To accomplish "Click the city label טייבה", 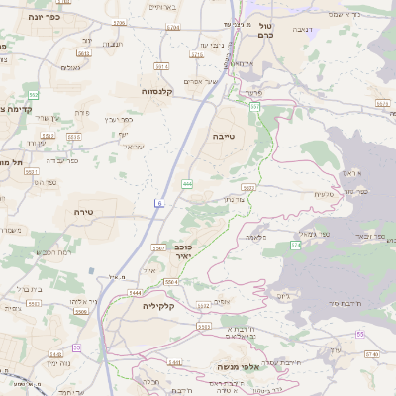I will coord(226,141).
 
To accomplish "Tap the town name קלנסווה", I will coord(157,92).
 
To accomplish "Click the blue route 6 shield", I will coord(159,203).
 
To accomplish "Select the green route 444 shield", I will coord(187,184).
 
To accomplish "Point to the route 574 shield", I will coord(296,244).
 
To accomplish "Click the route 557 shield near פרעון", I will coord(254,106).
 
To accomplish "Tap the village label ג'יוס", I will coord(284,295).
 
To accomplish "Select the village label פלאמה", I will coord(255,238).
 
